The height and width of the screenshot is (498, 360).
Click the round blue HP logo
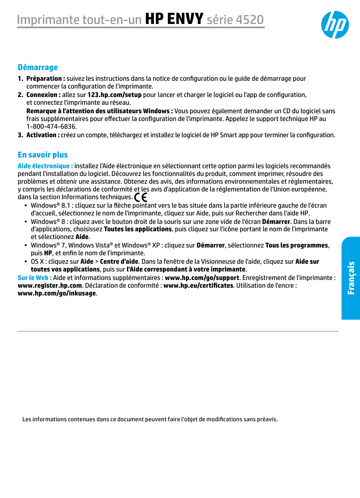click(x=335, y=25)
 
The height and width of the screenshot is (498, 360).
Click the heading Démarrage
click(x=38, y=68)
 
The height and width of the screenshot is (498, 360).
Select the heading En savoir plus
click(x=43, y=155)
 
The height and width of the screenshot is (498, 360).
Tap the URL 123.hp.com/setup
click(x=114, y=95)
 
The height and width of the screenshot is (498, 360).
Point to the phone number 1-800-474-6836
click(x=51, y=127)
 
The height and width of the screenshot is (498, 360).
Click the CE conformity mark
click(x=141, y=198)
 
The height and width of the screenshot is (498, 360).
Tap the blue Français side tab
click(x=351, y=278)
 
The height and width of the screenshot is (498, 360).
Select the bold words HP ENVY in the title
click(x=174, y=19)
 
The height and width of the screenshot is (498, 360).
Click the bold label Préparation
click(x=44, y=79)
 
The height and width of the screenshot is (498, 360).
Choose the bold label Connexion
click(x=42, y=95)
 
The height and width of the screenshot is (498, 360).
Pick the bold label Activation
click(x=41, y=135)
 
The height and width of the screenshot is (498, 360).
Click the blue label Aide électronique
click(x=44, y=166)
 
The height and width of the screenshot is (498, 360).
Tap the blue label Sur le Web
click(x=33, y=278)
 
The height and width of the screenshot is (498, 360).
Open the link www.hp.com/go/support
click(x=202, y=278)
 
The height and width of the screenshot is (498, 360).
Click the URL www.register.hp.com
click(x=50, y=286)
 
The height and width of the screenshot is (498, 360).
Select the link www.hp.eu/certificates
click(x=198, y=286)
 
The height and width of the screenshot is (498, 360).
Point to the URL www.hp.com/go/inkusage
click(x=57, y=293)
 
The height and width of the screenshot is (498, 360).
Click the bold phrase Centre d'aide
click(x=119, y=262)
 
